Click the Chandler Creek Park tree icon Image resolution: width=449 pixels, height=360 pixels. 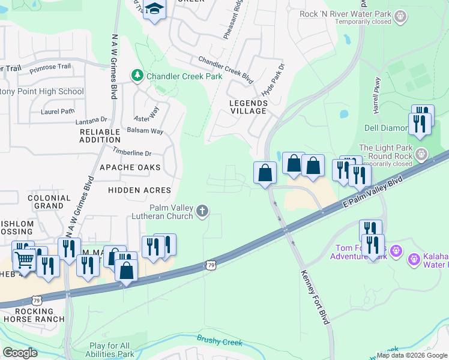tap(137, 76)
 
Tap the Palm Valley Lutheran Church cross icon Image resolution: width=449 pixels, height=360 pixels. tap(203, 211)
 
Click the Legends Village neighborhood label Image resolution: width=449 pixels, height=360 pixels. tap(248, 107)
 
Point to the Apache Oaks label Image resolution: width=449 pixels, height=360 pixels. tap(130, 167)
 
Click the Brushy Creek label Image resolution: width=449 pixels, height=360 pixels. tap(220, 340)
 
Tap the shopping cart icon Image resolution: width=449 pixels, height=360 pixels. tap(24, 260)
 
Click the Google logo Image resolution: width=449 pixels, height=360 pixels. tap(20, 353)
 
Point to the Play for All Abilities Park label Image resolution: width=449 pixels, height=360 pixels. tap(112, 350)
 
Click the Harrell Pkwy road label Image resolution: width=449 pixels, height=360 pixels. tap(376, 96)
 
